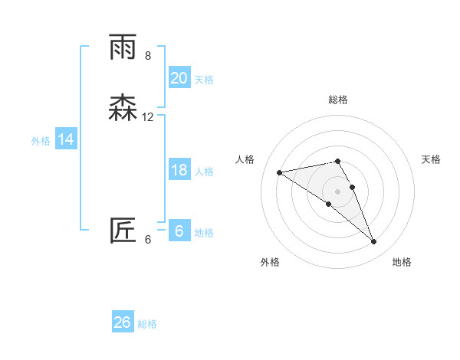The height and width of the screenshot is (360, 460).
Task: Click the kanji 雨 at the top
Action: tap(124, 47)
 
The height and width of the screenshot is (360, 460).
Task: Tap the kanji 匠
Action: tap(124, 231)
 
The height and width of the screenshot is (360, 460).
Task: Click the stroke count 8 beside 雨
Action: tap(148, 56)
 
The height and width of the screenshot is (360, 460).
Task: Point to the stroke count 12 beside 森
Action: tap(148, 117)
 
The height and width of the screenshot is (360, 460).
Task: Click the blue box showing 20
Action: tap(179, 78)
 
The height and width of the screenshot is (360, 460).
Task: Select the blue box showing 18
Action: tap(179, 170)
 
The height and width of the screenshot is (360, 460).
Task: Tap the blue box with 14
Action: tap(66, 139)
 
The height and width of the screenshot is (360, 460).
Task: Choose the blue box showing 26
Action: tap(123, 322)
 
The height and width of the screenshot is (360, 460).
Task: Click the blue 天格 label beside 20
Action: tap(204, 80)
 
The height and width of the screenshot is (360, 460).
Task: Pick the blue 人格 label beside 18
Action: tap(204, 172)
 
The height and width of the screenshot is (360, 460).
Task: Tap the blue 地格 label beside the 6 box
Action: tap(204, 233)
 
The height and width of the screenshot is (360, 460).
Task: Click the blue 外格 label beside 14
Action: tap(41, 141)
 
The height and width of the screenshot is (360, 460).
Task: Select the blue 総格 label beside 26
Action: tap(147, 324)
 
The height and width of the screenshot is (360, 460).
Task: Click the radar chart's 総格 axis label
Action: tap(338, 100)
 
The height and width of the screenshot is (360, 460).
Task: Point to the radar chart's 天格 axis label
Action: tap(432, 159)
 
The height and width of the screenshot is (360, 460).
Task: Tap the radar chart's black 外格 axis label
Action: tap(270, 262)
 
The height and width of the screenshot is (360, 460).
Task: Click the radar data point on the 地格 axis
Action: tap(374, 242)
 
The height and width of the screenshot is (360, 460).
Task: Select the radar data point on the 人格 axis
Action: tap(279, 172)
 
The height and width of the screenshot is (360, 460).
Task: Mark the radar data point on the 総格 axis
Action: tap(338, 161)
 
